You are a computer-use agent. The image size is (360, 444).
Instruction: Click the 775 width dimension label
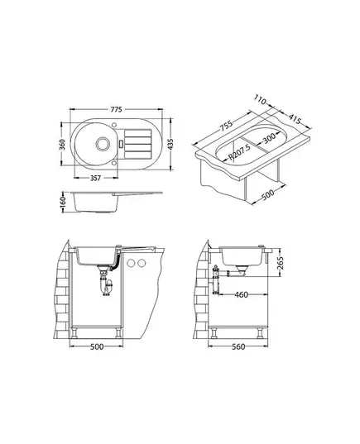click(x=116, y=109)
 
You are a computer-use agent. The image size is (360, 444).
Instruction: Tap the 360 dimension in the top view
click(x=62, y=144)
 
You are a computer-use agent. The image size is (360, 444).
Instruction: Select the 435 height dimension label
click(x=170, y=145)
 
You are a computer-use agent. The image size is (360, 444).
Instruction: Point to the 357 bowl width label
click(x=95, y=178)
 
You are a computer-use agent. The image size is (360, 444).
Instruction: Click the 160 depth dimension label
click(x=63, y=201)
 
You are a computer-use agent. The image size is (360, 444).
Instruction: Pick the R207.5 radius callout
click(x=240, y=153)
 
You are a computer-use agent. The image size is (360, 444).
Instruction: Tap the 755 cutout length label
click(x=226, y=127)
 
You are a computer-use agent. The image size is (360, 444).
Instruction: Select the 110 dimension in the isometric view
click(x=260, y=99)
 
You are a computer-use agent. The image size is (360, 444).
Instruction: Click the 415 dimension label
click(x=295, y=119)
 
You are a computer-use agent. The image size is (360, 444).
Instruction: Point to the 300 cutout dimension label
click(x=269, y=138)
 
